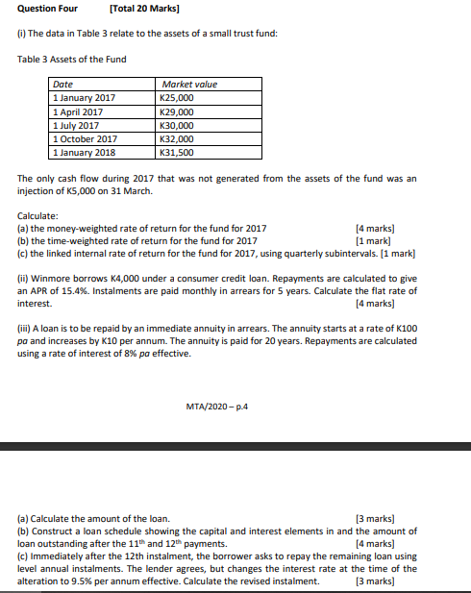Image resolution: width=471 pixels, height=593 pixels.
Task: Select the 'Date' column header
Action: pyautogui.click(x=63, y=85)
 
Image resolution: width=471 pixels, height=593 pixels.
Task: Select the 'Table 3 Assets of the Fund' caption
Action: pyautogui.click(x=72, y=60)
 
